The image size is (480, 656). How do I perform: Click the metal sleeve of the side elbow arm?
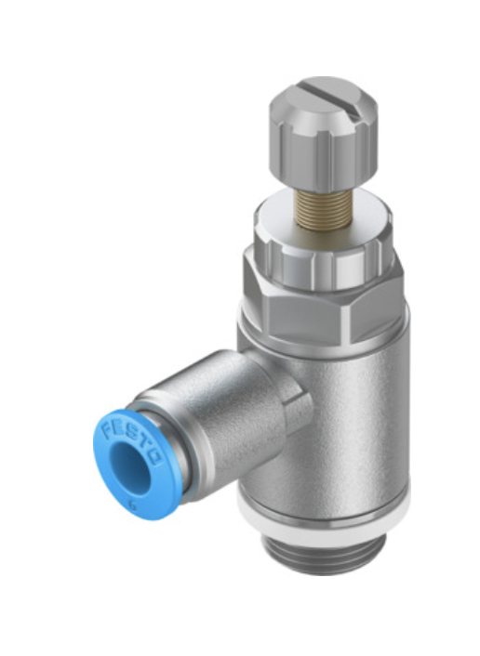(223, 409)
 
